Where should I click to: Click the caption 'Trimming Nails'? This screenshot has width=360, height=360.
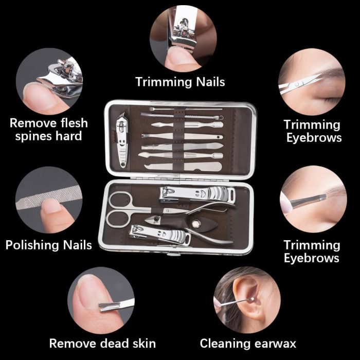click(x=180, y=82)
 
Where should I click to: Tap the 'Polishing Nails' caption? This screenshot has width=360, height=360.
click(x=49, y=245)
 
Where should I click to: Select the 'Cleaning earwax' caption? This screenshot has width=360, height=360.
click(x=248, y=344)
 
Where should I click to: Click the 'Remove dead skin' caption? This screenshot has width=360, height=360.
click(x=102, y=344)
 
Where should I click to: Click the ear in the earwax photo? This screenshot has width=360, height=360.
click(x=249, y=298)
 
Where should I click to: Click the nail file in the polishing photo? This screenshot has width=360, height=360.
click(x=49, y=198)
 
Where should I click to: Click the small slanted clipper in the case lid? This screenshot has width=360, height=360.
click(x=122, y=140)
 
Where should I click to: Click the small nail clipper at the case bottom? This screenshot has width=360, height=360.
click(x=160, y=235)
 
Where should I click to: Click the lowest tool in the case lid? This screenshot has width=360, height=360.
click(x=183, y=167)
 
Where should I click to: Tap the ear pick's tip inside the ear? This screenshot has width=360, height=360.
click(x=252, y=299)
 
